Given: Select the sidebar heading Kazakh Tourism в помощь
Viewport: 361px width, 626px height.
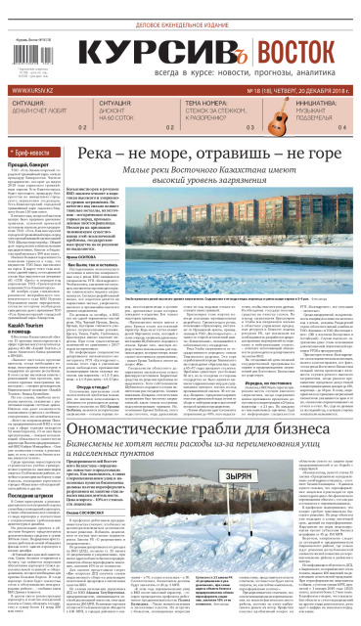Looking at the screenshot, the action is pyautogui.click(x=33, y=337).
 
